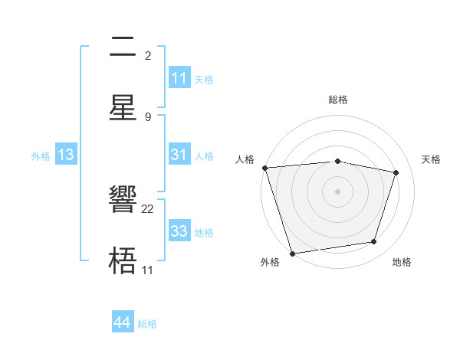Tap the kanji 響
tap(123, 201)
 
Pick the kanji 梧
tap(123, 261)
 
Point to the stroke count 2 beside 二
tap(147, 56)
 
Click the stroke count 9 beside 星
tap(147, 116)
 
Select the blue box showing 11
tap(179, 78)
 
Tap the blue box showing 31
tap(179, 155)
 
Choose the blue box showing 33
tap(179, 231)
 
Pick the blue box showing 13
tap(66, 155)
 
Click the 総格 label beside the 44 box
tap(147, 324)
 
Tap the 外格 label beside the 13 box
tap(41, 156)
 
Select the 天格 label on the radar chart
tap(431, 159)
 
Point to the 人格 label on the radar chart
tap(245, 159)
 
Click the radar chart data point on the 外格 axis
tap(291, 253)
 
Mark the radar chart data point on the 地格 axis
tap(374, 242)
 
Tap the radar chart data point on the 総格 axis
tap(337, 161)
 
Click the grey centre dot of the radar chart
tap(337, 191)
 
